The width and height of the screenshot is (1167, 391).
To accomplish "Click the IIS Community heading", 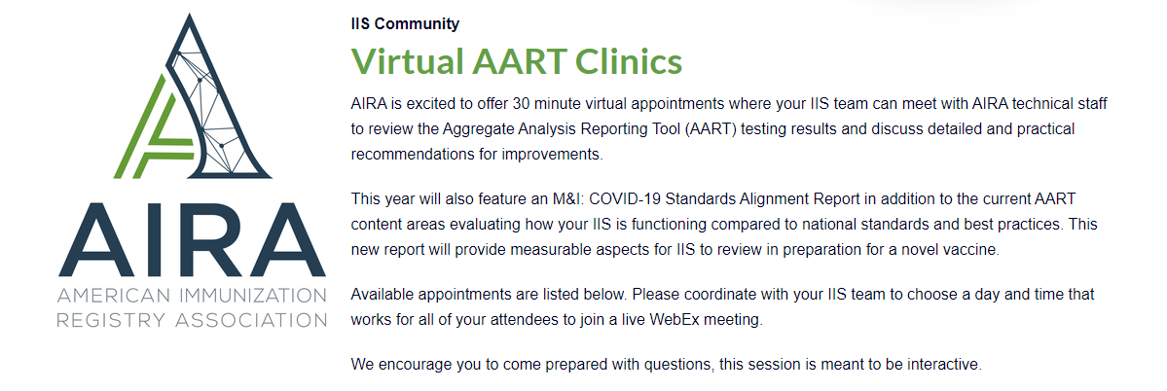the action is [x=405, y=23].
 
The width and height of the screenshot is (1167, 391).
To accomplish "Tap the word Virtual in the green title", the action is [x=407, y=61].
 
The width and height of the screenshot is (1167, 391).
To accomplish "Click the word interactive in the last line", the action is [x=947, y=365].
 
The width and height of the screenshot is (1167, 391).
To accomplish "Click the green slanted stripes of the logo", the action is [x=154, y=126].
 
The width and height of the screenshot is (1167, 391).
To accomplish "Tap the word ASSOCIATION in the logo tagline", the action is [x=248, y=320].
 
